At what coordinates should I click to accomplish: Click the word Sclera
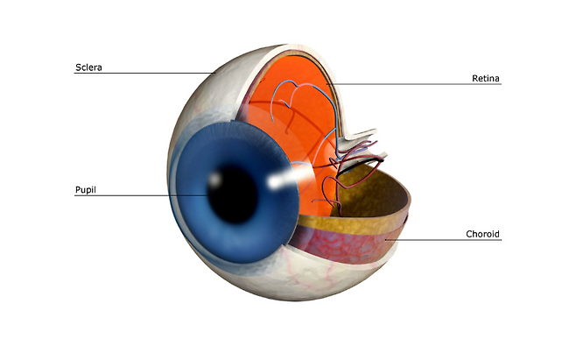click(89, 67)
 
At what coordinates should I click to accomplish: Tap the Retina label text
click(486, 78)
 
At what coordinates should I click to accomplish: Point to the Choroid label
click(482, 234)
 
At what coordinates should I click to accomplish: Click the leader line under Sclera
click(140, 73)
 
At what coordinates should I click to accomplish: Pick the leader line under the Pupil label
click(131, 194)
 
